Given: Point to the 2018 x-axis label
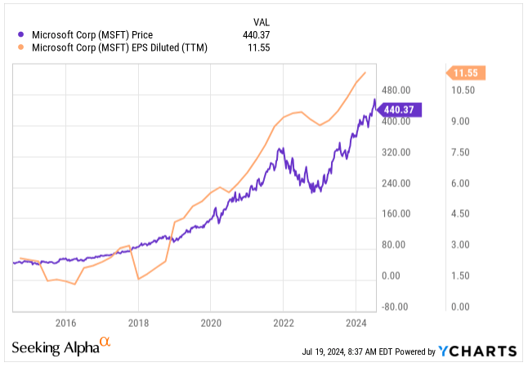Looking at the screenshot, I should point(138,321).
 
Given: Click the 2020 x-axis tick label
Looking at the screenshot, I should point(211,321).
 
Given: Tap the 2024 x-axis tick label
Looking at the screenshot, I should point(356,321).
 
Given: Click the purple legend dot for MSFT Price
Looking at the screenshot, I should point(20,35).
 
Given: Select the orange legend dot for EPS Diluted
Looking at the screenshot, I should point(20,48).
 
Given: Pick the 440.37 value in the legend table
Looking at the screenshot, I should point(261,35).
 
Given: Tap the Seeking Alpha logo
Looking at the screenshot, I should point(60,347).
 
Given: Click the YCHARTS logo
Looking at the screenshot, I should point(477,351).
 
